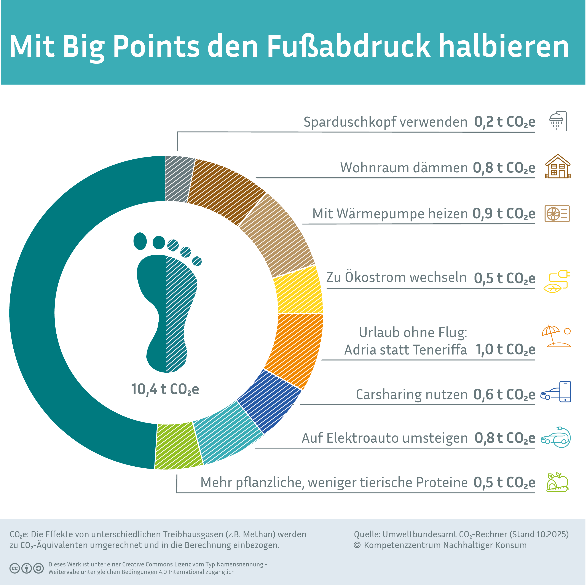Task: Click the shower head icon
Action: click(558, 121)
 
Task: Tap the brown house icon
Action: click(558, 167)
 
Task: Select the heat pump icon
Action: click(557, 213)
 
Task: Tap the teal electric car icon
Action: click(556, 437)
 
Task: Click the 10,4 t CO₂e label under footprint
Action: click(165, 389)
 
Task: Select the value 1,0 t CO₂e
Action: click(505, 350)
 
